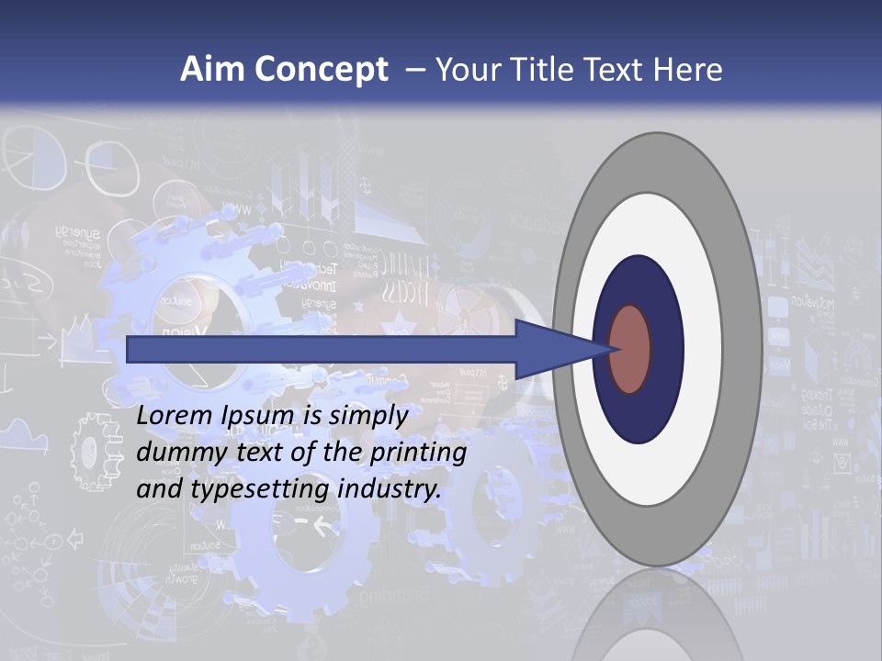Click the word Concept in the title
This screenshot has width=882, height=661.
pos(322,70)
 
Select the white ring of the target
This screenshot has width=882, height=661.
pos(703,350)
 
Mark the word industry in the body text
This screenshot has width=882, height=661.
pos(390,489)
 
